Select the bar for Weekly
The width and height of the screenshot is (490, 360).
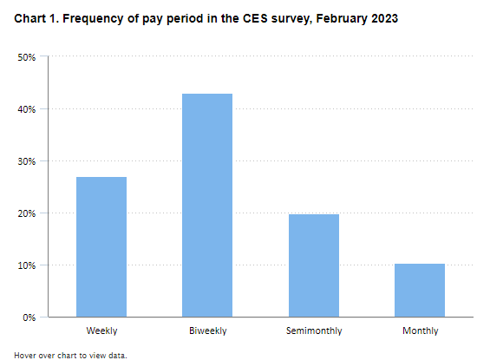click(x=101, y=247)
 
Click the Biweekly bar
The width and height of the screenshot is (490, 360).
click(x=207, y=206)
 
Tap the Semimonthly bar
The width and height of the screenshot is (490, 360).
click(x=314, y=265)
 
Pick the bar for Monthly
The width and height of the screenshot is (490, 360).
click(x=420, y=291)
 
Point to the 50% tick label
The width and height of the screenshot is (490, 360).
click(x=26, y=57)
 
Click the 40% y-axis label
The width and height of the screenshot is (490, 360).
click(x=26, y=109)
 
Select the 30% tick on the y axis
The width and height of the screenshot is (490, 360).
click(x=26, y=161)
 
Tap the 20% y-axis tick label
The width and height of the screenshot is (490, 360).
click(x=26, y=213)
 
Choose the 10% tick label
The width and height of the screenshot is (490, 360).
click(x=26, y=265)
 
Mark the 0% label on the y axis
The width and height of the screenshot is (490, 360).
click(x=29, y=317)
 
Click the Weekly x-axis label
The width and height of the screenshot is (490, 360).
click(x=101, y=331)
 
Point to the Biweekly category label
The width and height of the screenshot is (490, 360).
click(x=207, y=331)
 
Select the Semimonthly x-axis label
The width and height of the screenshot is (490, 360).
click(x=314, y=331)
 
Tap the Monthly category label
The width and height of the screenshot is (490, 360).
click(x=420, y=331)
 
